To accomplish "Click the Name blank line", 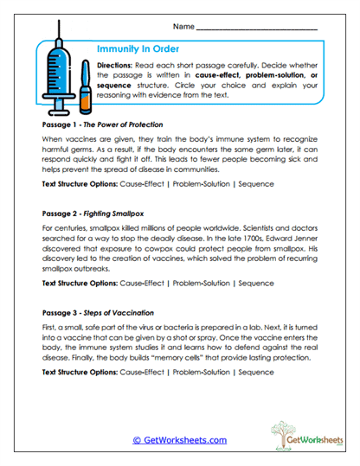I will point(257,29).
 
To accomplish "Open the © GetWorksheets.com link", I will point(179,440).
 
